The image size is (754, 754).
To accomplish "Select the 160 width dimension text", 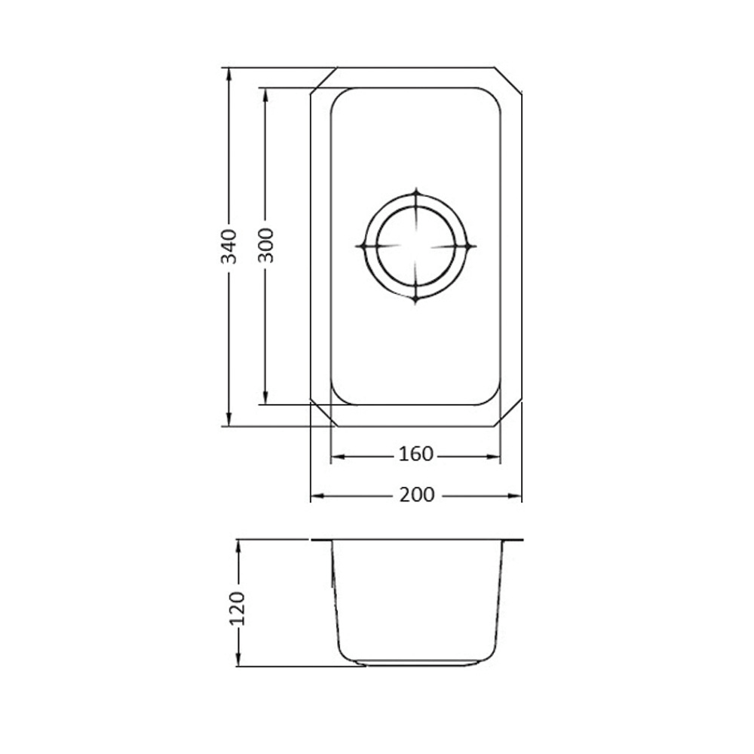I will [415, 455].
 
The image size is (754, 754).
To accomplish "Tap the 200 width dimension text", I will [416, 495].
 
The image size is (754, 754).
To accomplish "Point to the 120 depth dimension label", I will [239, 609].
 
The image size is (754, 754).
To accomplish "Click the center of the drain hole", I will [415, 246].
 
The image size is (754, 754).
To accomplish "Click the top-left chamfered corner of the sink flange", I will [322, 80].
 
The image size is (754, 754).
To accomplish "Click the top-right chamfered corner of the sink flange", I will [509, 80].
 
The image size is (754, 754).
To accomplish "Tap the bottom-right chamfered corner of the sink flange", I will [509, 413].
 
